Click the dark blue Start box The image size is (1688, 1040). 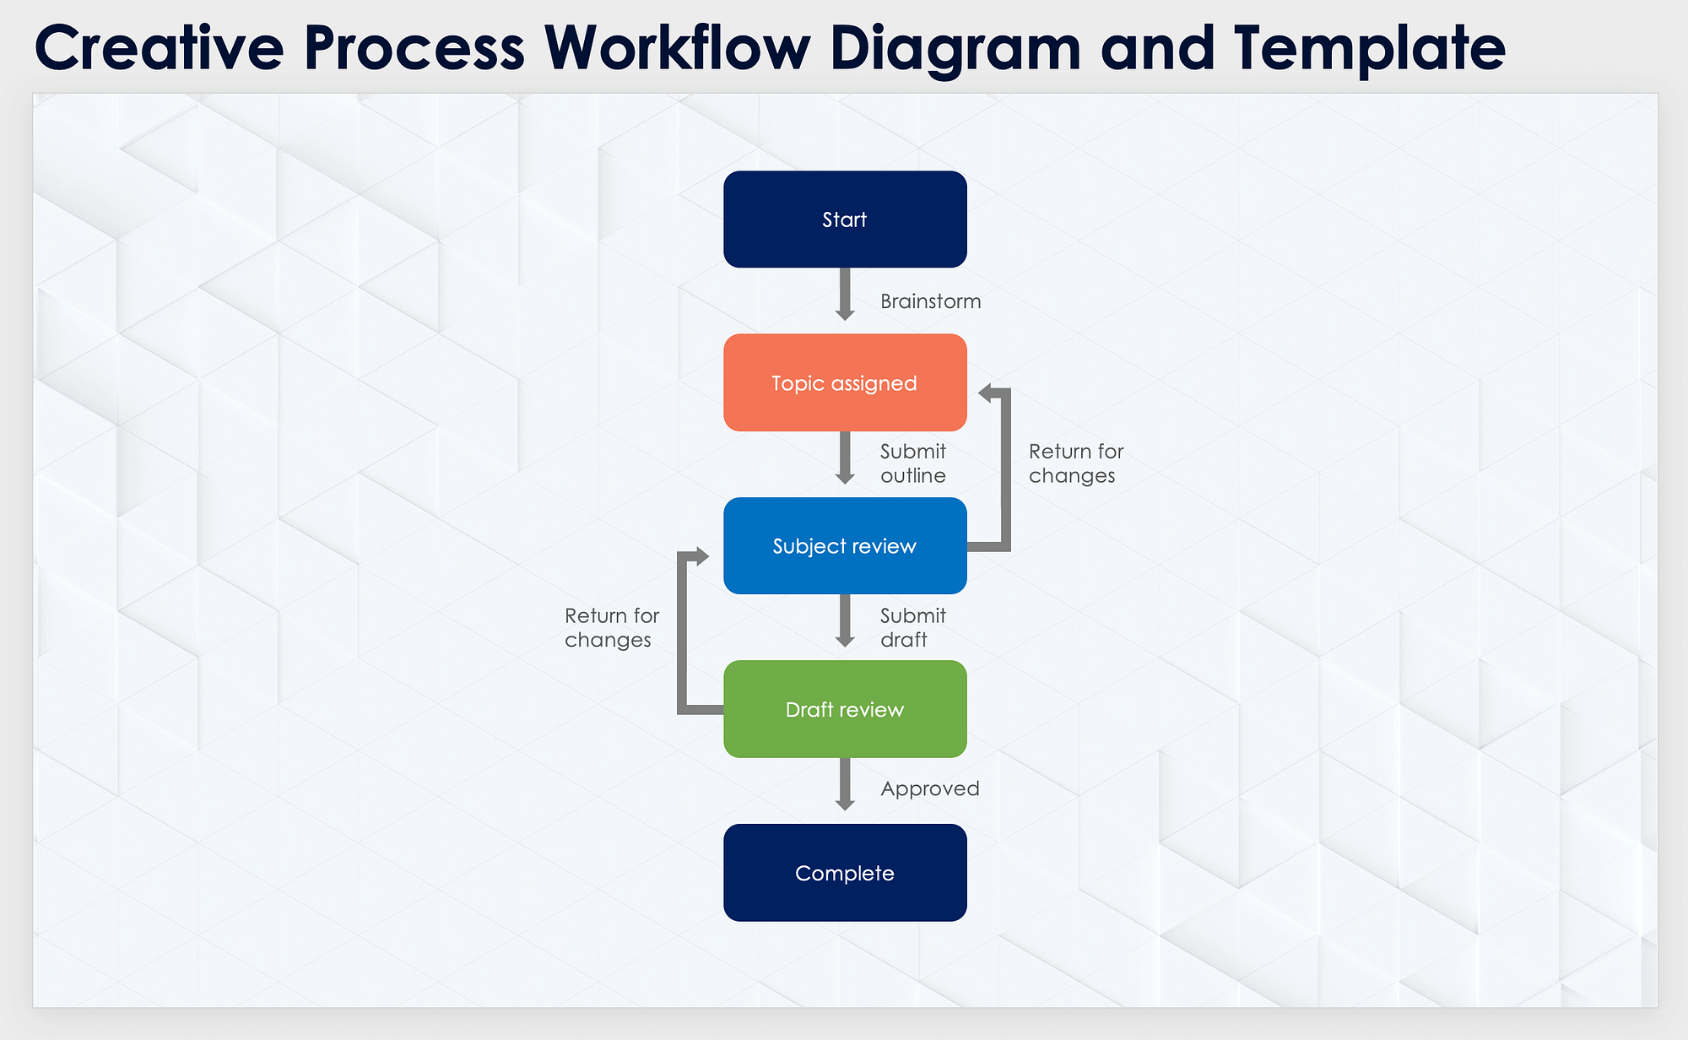845,219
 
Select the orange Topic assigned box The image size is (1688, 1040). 845,382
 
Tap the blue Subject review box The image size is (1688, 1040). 845,545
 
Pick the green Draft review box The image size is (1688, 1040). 845,709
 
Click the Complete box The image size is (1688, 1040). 845,873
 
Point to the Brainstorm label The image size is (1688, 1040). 930,301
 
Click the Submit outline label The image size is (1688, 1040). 913,463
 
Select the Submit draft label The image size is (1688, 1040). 913,627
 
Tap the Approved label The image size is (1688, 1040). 930,788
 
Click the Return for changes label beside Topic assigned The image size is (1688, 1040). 1076,463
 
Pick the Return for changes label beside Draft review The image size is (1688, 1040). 612,627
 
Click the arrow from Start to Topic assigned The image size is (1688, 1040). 845,295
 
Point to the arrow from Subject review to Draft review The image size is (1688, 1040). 845,621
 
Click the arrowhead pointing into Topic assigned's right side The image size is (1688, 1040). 985,393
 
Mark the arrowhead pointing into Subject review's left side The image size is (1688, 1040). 701,555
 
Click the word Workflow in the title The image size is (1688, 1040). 677,47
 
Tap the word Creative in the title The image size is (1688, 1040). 159,47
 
